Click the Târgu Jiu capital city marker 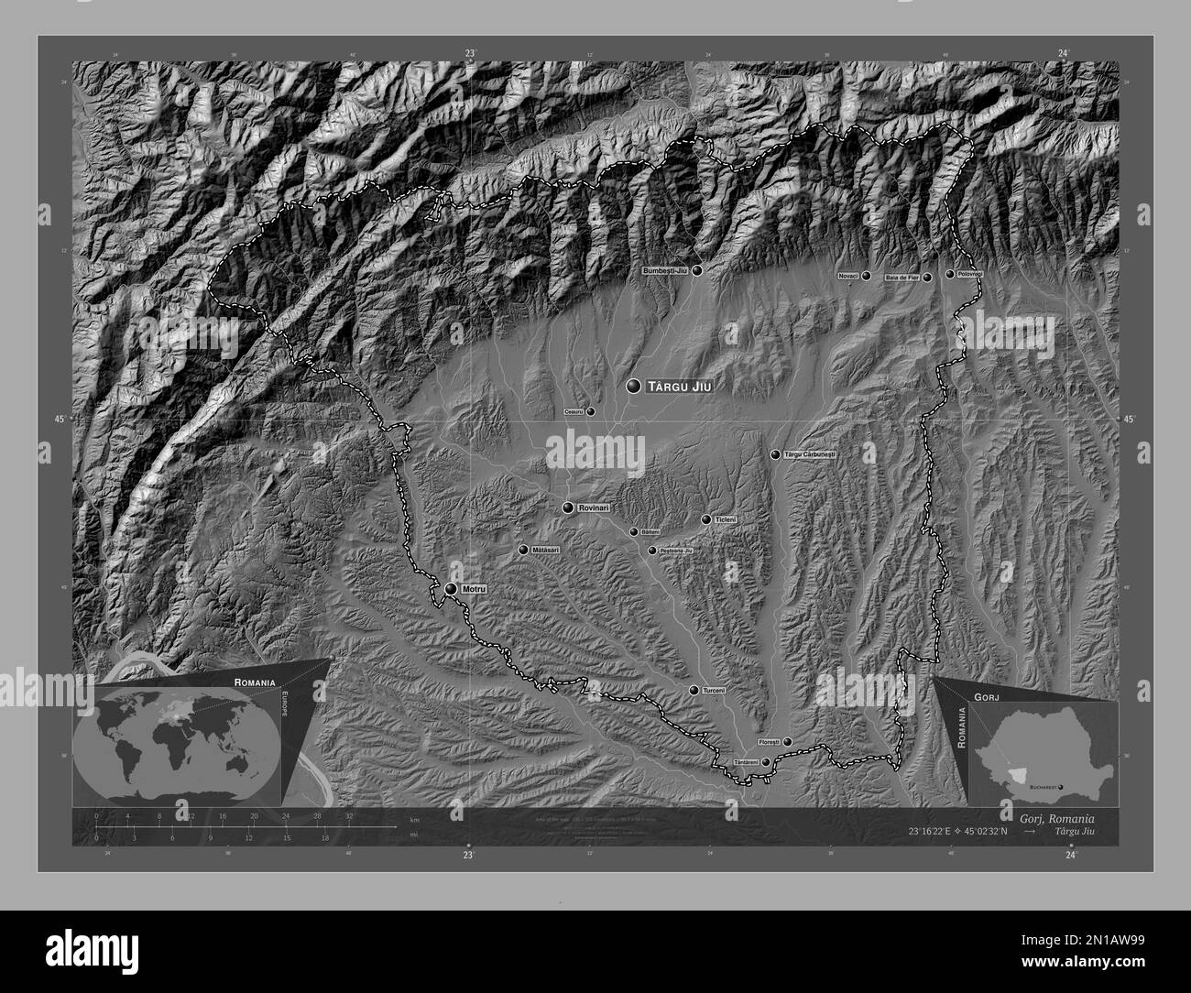[x=633, y=387]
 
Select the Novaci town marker [x=866, y=275]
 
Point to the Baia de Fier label [x=901, y=277]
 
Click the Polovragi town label [x=970, y=274]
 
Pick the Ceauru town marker [x=590, y=411]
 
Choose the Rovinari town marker [x=569, y=507]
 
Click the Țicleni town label [x=726, y=519]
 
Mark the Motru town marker [x=451, y=589]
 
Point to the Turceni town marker [x=694, y=690]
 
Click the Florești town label [x=769, y=742]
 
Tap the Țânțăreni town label [x=747, y=762]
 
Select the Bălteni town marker [x=633, y=531]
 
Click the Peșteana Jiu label [x=676, y=551]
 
